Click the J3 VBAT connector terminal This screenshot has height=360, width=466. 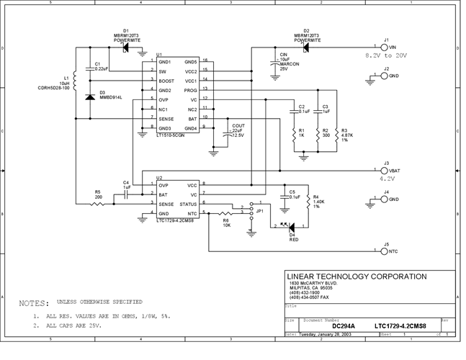click(377, 171)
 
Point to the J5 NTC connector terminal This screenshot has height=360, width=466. click(377, 252)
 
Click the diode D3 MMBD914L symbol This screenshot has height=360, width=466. click(89, 96)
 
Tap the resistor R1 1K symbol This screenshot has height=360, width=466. click(293, 134)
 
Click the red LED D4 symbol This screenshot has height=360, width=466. click(290, 225)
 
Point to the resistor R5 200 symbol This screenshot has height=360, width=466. click(99, 204)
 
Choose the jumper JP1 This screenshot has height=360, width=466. click(251, 212)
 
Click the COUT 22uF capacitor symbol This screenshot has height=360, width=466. click(228, 132)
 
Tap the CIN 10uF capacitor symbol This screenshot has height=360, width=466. click(274, 64)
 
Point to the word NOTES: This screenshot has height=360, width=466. click(34, 303)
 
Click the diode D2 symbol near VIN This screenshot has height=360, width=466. click(305, 48)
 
